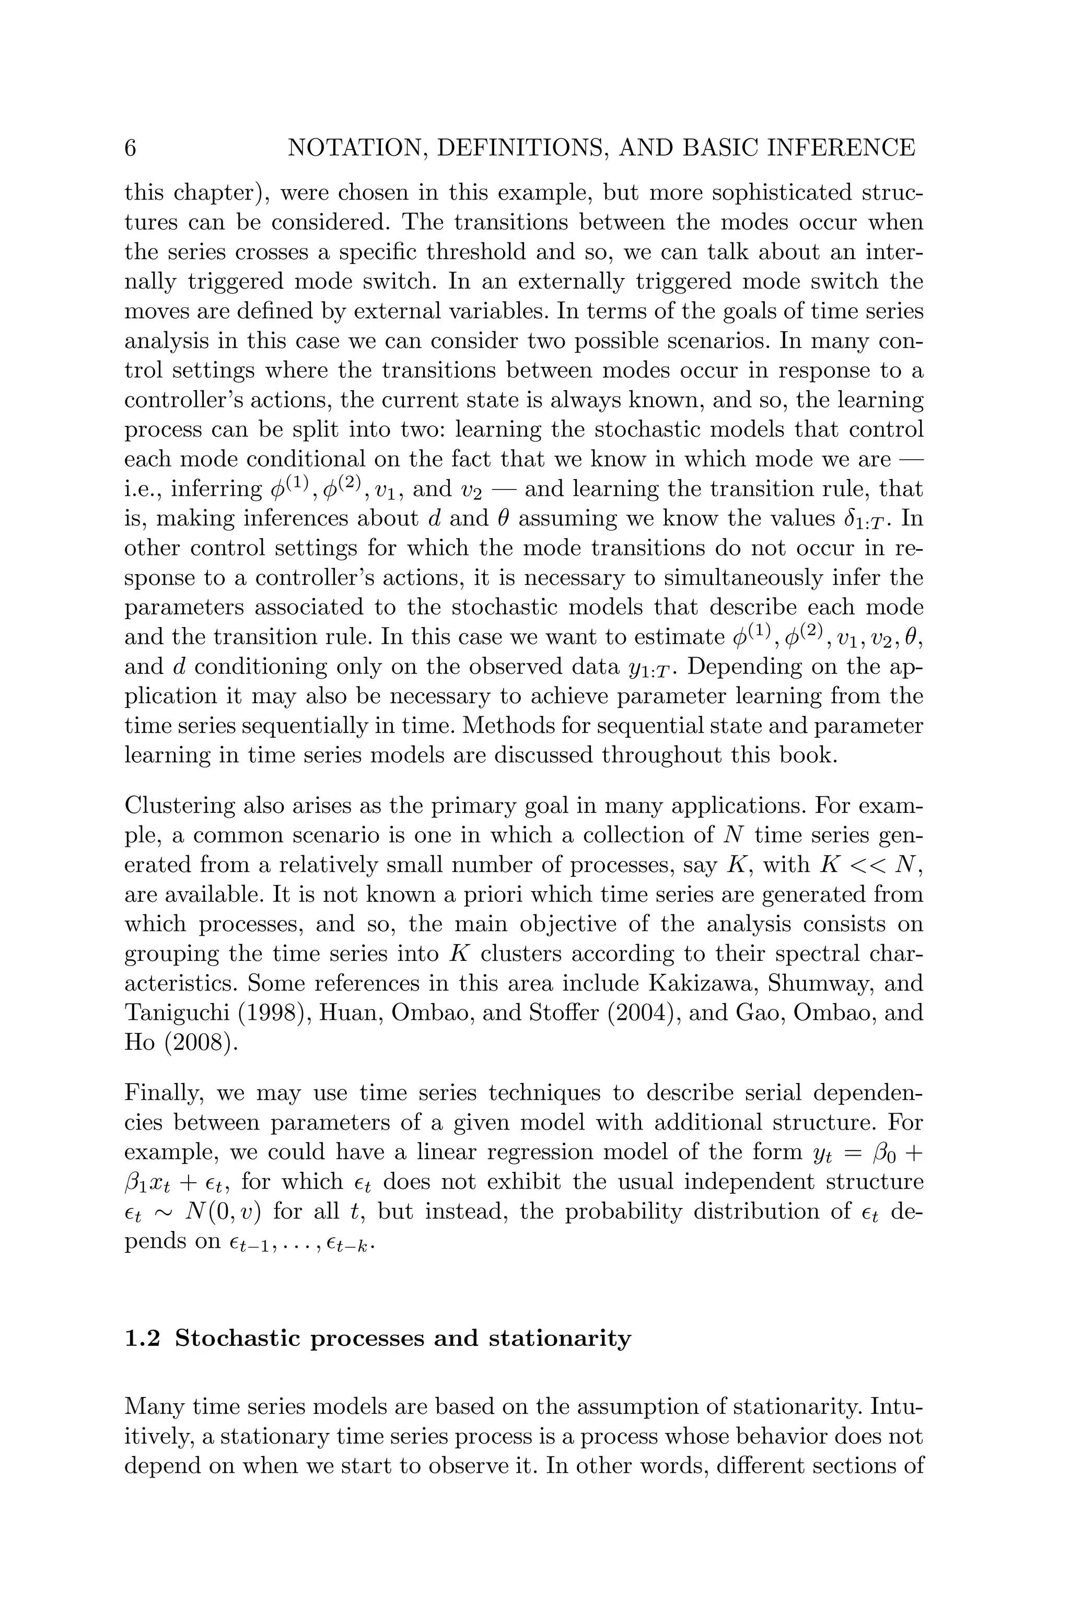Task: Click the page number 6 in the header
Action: (x=130, y=148)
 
